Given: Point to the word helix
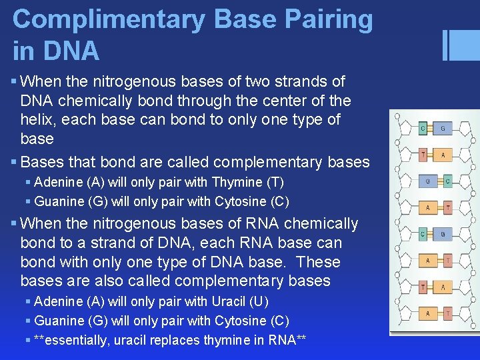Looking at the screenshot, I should [39, 120].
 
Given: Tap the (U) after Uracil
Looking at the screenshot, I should [258, 301].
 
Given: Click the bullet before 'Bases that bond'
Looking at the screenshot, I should [15, 162].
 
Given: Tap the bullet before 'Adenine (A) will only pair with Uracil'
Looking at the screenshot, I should [27, 302].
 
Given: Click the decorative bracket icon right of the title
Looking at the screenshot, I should [456, 45].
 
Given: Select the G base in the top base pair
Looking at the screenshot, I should [443, 128].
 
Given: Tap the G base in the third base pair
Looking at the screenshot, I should [427, 181].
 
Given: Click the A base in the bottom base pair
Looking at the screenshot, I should [427, 313].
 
